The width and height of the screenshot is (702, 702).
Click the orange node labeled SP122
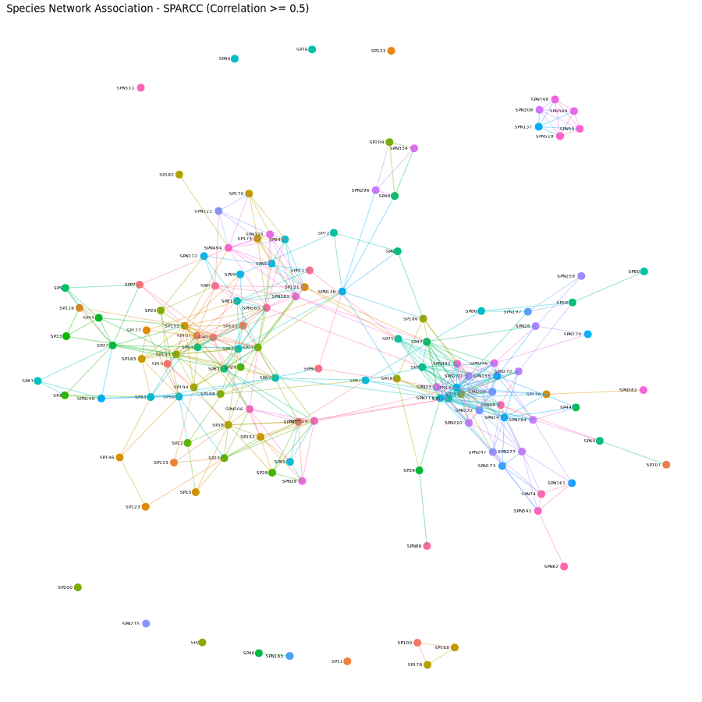tap(391, 51)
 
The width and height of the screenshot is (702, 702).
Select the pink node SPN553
tap(140, 88)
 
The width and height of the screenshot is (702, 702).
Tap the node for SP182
tap(179, 175)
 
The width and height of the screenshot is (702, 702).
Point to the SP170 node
tap(249, 193)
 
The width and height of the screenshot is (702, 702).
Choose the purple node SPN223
tap(218, 211)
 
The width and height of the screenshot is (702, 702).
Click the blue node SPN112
tap(204, 256)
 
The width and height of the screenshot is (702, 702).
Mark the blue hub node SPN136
tap(342, 292)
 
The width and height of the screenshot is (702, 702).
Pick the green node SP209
tap(389, 142)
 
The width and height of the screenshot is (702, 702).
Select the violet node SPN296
tap(375, 190)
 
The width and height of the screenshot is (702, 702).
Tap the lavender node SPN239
tap(581, 276)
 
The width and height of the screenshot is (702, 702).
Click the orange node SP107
tap(666, 465)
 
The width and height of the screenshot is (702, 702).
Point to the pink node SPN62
tap(564, 566)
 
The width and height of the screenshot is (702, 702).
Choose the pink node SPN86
tap(427, 546)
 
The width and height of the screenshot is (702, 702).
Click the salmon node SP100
tap(417, 643)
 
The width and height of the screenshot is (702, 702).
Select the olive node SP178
tap(427, 665)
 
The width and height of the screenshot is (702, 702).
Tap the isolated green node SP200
tap(78, 587)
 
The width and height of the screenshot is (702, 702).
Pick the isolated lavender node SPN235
tap(146, 623)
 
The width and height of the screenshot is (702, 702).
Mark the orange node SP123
tap(145, 507)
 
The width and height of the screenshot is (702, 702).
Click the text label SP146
tap(107, 458)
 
